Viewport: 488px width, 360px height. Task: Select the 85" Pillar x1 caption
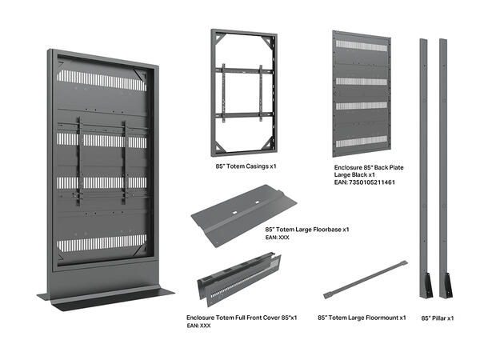point(438,318)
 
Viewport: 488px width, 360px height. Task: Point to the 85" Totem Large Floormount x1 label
point(362,318)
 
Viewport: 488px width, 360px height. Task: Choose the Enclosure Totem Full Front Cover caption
point(242,318)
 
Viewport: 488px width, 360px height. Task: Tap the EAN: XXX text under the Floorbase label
point(277,238)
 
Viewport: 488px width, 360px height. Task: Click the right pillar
point(442,160)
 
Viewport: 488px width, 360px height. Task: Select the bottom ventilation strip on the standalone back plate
point(360,142)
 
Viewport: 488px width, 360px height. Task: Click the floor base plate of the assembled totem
point(112,296)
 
